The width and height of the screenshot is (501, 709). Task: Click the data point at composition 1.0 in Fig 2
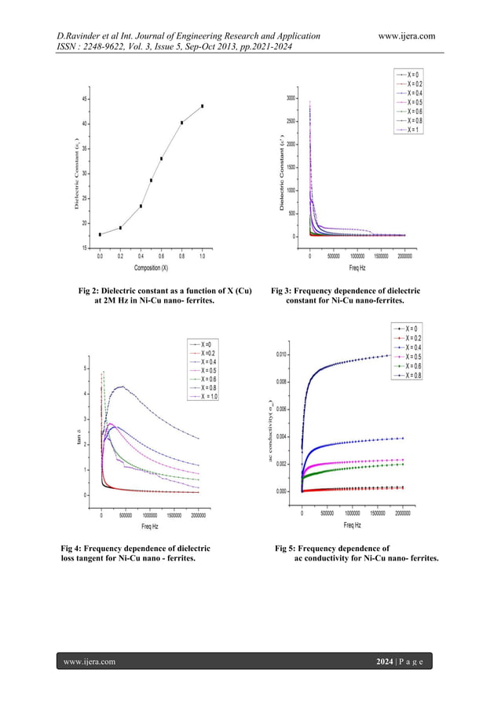[203, 106]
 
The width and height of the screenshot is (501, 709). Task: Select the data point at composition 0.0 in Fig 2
[100, 234]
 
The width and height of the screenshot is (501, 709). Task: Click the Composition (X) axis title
[152, 267]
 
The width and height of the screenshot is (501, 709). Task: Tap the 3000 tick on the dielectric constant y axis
[291, 98]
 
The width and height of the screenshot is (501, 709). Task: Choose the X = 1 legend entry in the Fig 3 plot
[413, 130]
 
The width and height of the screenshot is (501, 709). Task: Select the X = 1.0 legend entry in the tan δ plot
[206, 397]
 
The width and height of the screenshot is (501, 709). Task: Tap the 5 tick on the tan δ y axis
[86, 369]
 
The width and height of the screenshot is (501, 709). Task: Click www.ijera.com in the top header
[406, 35]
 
